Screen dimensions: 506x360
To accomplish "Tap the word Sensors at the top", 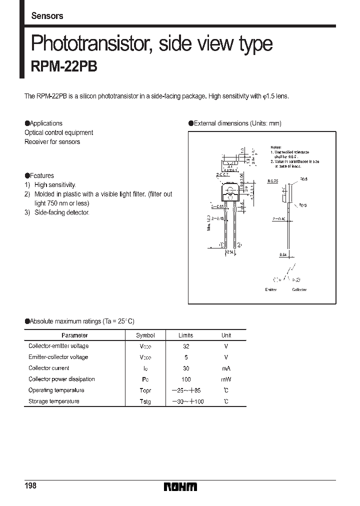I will [47, 16].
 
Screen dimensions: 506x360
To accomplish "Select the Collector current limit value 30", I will [185, 368].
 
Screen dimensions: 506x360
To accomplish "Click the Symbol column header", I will [145, 335].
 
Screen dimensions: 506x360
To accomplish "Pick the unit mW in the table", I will [226, 379].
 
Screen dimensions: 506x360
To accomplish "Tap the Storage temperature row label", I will [53, 401].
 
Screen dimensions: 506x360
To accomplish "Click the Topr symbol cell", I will [145, 390].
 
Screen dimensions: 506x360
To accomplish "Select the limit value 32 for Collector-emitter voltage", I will [185, 346].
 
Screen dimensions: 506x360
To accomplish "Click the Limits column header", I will [185, 335].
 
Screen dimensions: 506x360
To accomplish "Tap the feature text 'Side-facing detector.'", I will [61, 212].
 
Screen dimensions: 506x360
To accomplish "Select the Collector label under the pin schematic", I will [299, 289].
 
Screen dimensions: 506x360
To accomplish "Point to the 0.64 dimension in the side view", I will [283, 254].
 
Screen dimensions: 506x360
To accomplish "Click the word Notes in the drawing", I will [276, 147].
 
